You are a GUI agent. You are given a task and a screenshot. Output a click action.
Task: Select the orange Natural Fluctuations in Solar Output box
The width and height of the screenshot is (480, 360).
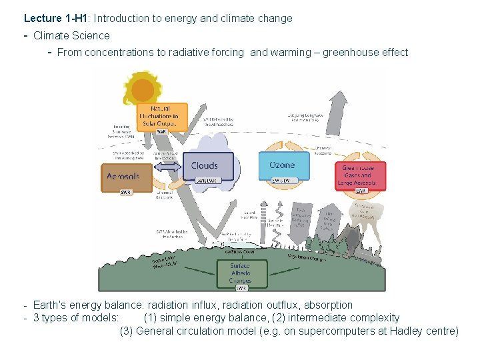pyautogui.click(x=162, y=117)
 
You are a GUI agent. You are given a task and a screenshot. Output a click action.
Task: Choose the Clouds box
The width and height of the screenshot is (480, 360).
pyautogui.click(x=204, y=166)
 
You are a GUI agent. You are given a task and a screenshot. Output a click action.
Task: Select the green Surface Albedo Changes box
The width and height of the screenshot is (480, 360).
pyautogui.click(x=241, y=274)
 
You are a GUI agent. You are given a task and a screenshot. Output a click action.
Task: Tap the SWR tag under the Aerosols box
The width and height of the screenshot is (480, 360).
pyautogui.click(x=126, y=192)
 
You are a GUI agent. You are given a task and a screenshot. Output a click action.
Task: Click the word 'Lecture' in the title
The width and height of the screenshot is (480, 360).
pyautogui.click(x=43, y=19)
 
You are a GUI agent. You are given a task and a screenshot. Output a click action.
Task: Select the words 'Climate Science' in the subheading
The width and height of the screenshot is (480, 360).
pyautogui.click(x=71, y=35)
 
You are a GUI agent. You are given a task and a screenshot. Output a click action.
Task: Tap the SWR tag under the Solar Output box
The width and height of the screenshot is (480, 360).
pyautogui.click(x=162, y=131)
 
